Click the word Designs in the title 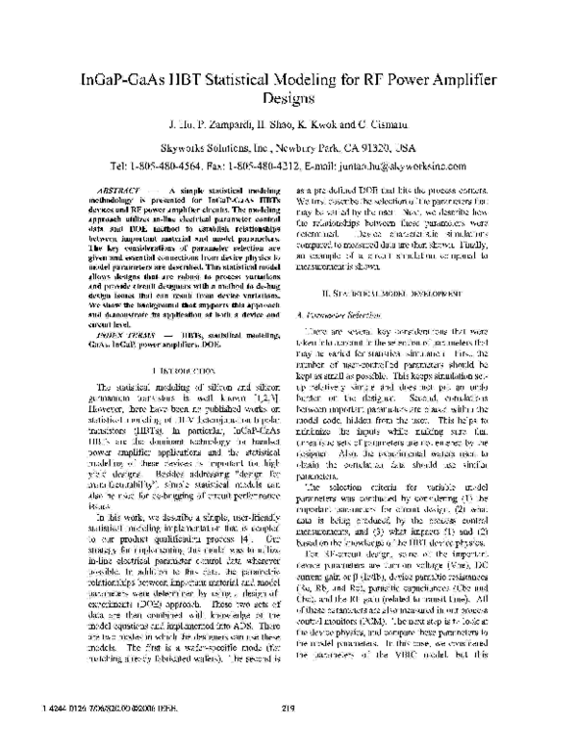click(288, 99)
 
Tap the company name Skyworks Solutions click(221, 147)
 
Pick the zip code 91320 click(372, 147)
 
